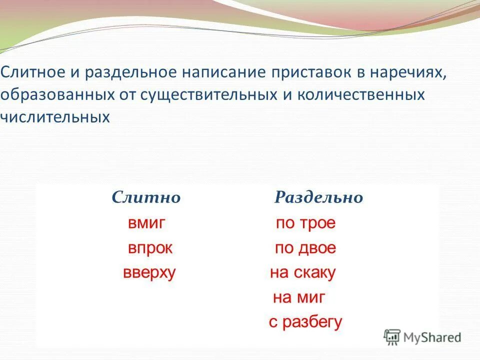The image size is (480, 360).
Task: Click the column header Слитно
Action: tap(146, 197)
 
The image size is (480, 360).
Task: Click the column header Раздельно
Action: tap(318, 198)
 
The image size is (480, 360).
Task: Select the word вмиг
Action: tap(146, 223)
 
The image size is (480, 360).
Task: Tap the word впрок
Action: tap(149, 248)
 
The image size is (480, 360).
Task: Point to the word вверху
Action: tap(149, 273)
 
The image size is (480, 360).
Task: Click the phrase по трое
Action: tap(305, 223)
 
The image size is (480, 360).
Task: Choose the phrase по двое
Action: tap(305, 248)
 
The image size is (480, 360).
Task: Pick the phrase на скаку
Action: tap(302, 273)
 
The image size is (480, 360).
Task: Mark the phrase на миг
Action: tap(299, 298)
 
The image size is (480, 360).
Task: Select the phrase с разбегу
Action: tap(305, 322)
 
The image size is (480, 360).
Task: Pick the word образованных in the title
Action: tap(49, 95)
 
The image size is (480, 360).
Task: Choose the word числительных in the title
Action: tap(55, 117)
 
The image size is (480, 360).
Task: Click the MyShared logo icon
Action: tap(392, 337)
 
